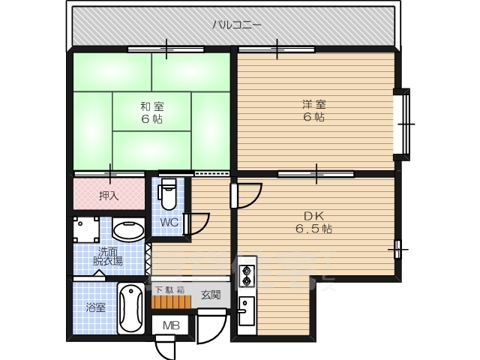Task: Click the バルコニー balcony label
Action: tap(237, 24)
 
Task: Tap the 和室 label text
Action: tap(151, 106)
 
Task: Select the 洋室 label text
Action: tap(314, 104)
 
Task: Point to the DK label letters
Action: tap(313, 216)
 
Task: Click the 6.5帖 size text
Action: tap(313, 229)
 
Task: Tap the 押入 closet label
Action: tap(109, 196)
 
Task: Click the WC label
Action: tap(169, 222)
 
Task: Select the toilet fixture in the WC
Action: tap(168, 194)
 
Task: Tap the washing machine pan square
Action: tap(86, 229)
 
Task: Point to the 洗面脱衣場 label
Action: tap(108, 256)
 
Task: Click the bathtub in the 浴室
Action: tap(131, 308)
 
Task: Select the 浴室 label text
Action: tap(96, 307)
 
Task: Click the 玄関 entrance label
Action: tap(211, 295)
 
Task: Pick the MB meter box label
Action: tap(171, 325)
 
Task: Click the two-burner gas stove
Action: tap(247, 276)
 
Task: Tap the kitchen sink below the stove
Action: tap(247, 310)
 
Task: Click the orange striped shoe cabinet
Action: tap(172, 301)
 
